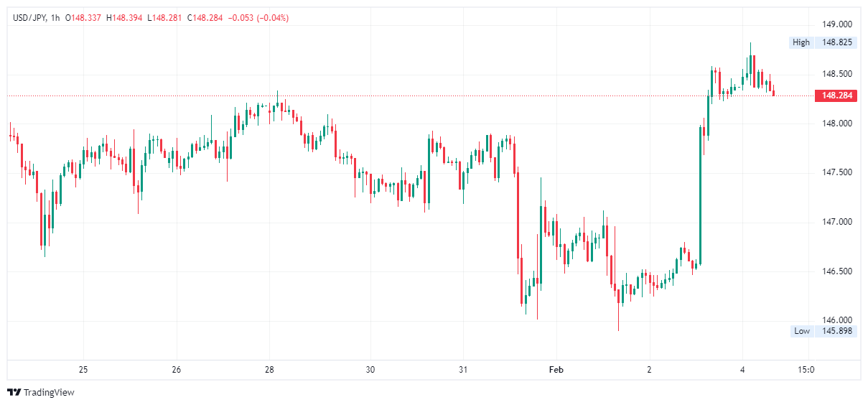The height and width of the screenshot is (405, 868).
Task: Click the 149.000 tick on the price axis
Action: [837, 24]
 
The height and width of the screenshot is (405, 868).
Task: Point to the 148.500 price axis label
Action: [837, 74]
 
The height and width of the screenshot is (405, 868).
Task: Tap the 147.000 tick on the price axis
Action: [837, 222]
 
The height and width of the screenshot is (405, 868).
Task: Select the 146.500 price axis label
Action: [837, 271]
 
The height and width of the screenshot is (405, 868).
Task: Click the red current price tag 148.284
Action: [836, 96]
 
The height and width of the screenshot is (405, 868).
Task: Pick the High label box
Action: [801, 42]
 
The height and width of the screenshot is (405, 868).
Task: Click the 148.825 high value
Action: [837, 42]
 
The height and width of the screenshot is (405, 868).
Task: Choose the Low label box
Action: [801, 331]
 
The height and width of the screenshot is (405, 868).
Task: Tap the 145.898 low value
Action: [837, 331]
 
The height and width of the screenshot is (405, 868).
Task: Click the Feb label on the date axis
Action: [556, 370]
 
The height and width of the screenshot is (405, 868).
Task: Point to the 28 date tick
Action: [269, 370]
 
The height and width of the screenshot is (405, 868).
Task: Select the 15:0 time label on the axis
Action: [806, 370]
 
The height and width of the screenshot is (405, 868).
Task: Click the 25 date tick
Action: [83, 370]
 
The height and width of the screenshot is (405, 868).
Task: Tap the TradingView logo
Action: [41, 392]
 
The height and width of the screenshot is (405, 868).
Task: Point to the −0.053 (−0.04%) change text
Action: [258, 18]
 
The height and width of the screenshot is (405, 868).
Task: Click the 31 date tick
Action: [463, 370]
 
